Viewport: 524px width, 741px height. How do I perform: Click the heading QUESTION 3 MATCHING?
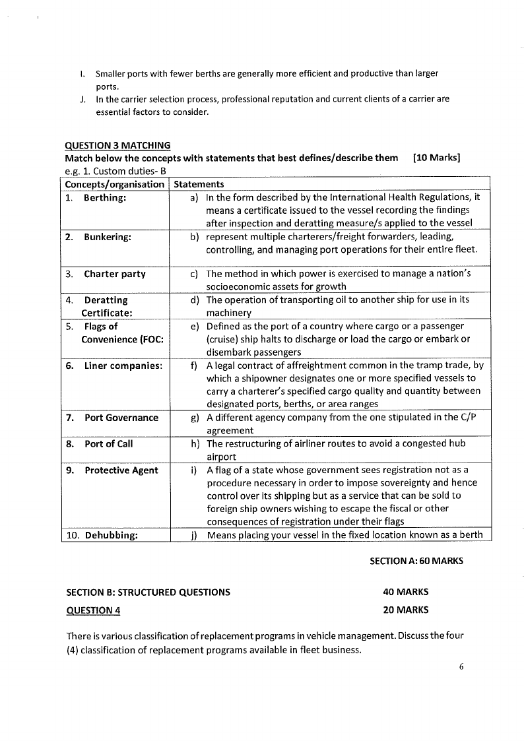point(117,145)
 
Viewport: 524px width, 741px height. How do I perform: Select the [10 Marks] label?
point(436,158)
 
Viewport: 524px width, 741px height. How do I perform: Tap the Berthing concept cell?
point(105,197)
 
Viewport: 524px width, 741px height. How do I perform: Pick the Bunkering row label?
point(107,237)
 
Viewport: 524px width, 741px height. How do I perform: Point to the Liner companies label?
point(123,366)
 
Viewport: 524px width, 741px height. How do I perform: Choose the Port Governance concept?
point(121,418)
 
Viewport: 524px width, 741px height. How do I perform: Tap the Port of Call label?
point(108,443)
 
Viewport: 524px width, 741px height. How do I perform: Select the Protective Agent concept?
point(121,470)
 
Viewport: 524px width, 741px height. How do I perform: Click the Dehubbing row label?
point(111,535)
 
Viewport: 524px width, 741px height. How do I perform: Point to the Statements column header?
point(199,184)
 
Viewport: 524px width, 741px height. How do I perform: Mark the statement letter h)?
point(195,443)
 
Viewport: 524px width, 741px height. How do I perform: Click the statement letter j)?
point(195,535)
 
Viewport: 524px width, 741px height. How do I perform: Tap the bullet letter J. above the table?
point(81,99)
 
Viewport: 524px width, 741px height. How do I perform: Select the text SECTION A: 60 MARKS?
point(416,561)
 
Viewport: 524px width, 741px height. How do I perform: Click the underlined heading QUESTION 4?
point(93,610)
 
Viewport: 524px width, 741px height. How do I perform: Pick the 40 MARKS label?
point(405,592)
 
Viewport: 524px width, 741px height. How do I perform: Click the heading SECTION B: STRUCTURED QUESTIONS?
point(148,592)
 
